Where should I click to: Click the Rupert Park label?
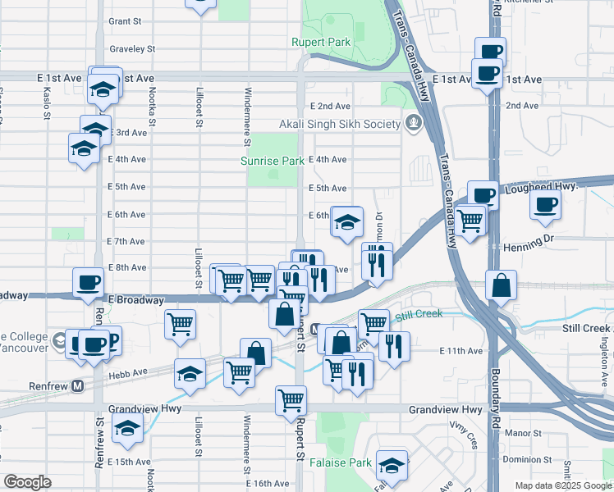point(321,42)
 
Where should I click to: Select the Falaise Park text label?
point(341,463)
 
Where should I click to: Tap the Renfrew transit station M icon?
point(79,385)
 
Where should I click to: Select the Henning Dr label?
point(527,243)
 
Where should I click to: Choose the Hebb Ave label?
point(127,371)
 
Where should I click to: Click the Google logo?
point(27,482)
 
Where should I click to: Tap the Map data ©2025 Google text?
point(562,485)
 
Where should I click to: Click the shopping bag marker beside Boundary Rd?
point(501,285)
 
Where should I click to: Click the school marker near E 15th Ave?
point(127,427)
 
